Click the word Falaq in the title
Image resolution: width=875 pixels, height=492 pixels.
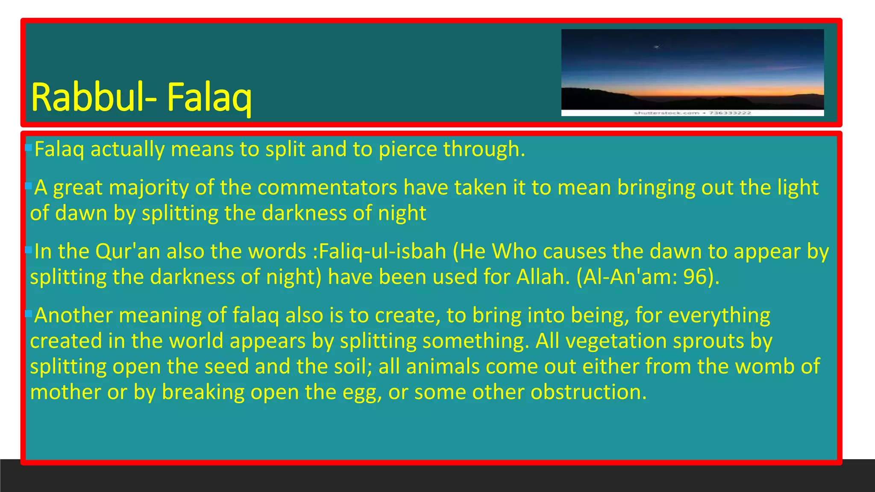(x=209, y=97)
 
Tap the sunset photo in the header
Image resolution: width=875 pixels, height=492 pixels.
(x=692, y=68)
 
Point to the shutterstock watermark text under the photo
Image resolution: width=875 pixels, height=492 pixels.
(x=692, y=113)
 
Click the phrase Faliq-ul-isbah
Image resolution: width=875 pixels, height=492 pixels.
(x=382, y=251)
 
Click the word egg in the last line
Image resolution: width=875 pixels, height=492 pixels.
(x=361, y=393)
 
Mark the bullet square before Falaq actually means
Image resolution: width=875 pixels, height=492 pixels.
(x=29, y=148)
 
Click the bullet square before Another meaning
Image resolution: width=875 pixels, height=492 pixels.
(x=29, y=314)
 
